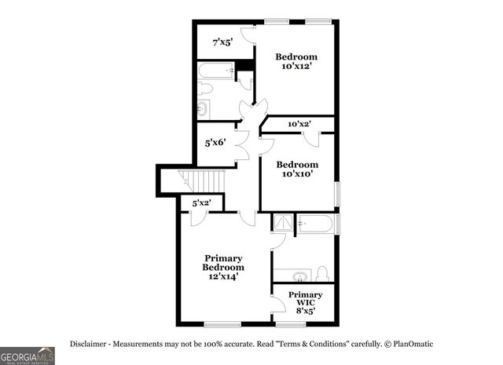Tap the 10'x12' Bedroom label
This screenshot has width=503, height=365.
[x=296, y=61]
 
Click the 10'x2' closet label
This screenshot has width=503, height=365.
[x=299, y=124]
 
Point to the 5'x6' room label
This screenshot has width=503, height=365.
[x=214, y=144]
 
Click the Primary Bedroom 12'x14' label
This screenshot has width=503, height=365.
[x=224, y=267]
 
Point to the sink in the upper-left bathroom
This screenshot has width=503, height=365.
[x=203, y=108]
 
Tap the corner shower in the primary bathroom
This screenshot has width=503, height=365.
[x=282, y=223]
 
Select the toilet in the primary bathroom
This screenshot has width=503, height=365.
[x=321, y=274]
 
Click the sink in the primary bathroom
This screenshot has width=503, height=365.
[x=298, y=276]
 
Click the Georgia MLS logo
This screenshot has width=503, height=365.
[x=28, y=356]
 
